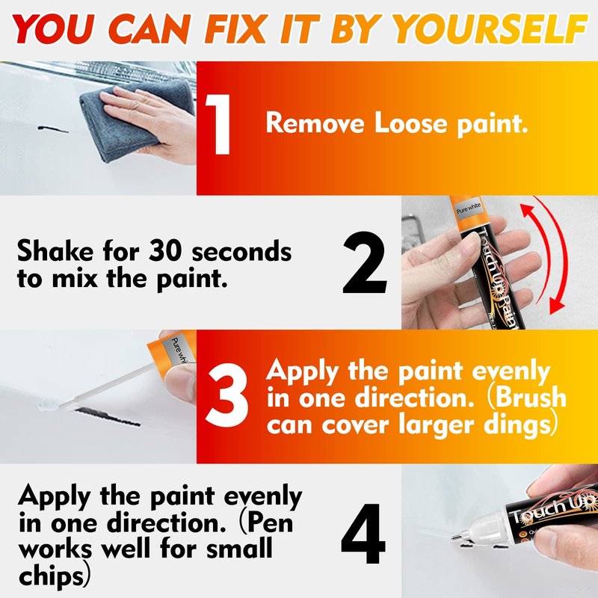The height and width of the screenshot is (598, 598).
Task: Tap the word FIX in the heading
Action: click(x=235, y=29)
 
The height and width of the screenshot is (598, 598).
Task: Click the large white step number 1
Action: click(x=218, y=124)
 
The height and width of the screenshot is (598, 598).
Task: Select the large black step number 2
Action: click(x=364, y=262)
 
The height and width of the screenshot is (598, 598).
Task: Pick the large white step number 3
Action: click(x=226, y=395)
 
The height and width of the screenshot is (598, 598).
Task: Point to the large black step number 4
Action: click(x=363, y=534)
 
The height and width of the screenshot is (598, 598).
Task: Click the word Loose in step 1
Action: click(x=410, y=123)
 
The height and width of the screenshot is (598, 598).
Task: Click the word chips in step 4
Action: click(x=51, y=576)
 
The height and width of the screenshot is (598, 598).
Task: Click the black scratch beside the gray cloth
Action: click(x=52, y=129)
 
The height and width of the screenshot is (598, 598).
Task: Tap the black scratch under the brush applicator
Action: click(x=108, y=417)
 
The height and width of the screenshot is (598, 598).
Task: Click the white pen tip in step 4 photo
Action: click(x=455, y=537)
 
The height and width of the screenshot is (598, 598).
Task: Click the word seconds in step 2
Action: click(x=241, y=252)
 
